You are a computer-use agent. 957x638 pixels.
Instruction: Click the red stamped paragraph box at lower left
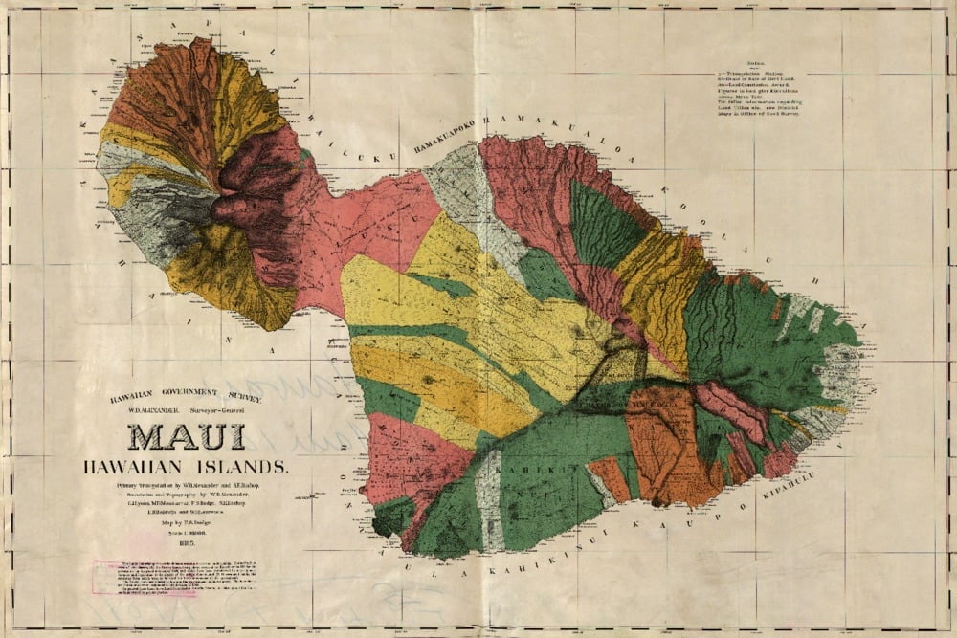pyautogui.click(x=144, y=577)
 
